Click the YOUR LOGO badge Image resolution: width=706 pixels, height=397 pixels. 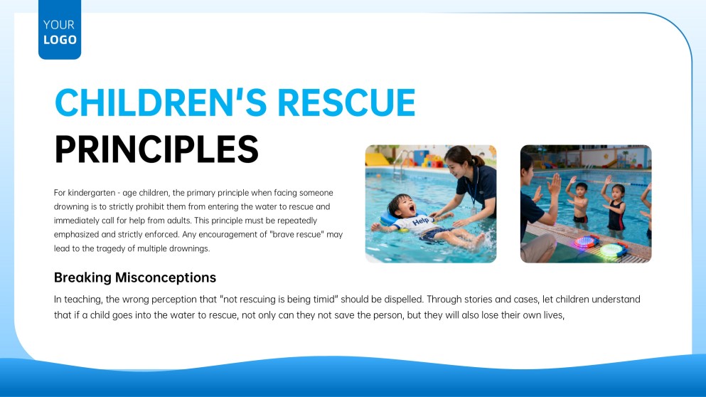click(60, 31)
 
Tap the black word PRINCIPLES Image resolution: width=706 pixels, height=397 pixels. click(156, 149)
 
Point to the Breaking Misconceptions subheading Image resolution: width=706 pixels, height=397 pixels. click(135, 277)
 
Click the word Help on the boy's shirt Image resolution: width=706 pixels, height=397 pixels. click(421, 222)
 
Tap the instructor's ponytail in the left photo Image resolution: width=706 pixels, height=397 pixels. click(478, 160)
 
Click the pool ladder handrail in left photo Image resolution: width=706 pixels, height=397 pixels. click(400, 162)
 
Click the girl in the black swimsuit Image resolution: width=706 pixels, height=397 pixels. click(616, 206)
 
